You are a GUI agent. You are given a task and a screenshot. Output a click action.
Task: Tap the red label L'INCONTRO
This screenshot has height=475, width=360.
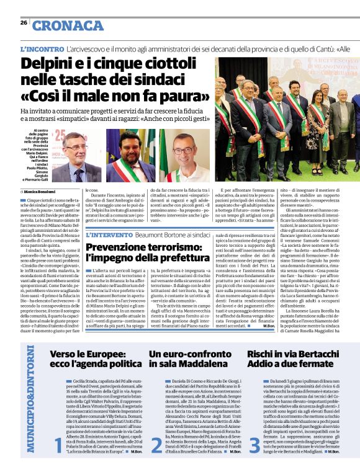(x=42, y=48)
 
